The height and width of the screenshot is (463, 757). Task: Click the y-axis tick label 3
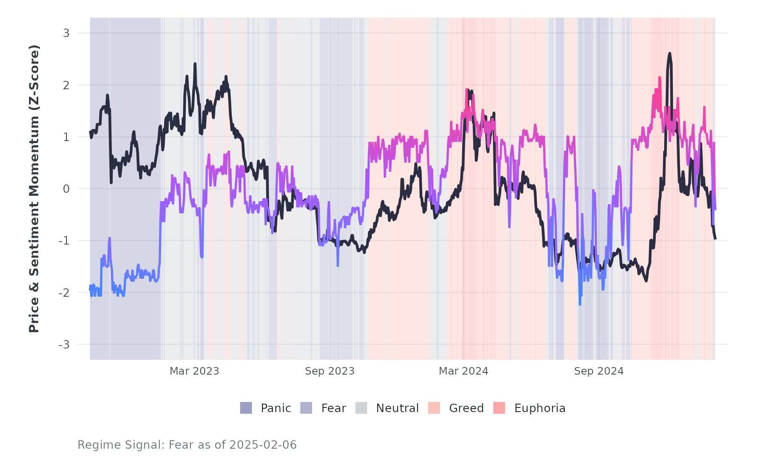pyautogui.click(x=66, y=33)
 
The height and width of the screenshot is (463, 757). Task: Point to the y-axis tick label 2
pyautogui.click(x=66, y=85)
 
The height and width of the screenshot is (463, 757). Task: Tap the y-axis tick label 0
pyautogui.click(x=66, y=189)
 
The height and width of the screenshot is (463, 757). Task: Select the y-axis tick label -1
pyautogui.click(x=64, y=241)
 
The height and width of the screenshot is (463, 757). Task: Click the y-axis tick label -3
pyautogui.click(x=64, y=345)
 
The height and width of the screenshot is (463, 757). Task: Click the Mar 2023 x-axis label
pyautogui.click(x=194, y=371)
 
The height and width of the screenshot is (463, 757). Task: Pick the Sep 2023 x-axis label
pyautogui.click(x=330, y=371)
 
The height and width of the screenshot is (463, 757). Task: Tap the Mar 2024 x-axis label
pyautogui.click(x=463, y=371)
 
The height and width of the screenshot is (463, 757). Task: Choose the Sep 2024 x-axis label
pyautogui.click(x=599, y=371)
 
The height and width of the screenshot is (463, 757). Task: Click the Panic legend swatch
pyautogui.click(x=246, y=408)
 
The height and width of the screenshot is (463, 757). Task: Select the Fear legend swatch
pyautogui.click(x=306, y=408)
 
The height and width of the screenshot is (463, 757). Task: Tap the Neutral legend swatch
pyautogui.click(x=361, y=408)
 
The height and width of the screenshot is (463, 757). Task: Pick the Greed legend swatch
pyautogui.click(x=434, y=408)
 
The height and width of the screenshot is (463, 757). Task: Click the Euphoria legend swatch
pyautogui.click(x=499, y=408)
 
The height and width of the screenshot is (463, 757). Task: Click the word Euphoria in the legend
pyautogui.click(x=540, y=408)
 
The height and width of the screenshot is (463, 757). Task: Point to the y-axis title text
pyautogui.click(x=34, y=189)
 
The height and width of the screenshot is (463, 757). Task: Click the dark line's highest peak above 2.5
pyautogui.click(x=669, y=53)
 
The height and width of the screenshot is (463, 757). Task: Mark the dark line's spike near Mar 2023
pyautogui.click(x=195, y=64)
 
